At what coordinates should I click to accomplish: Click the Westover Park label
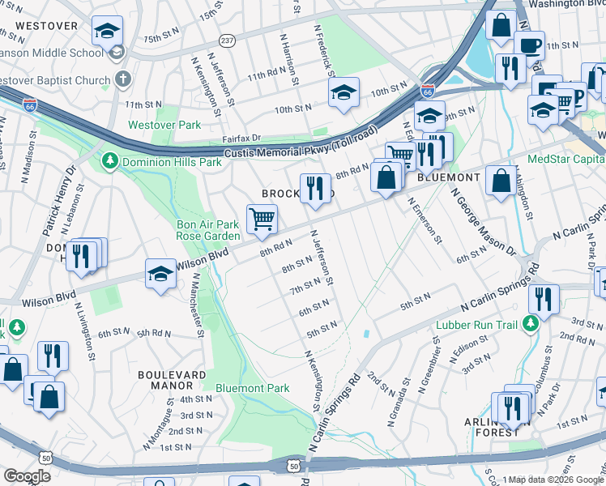pyautogui.click(x=164, y=126)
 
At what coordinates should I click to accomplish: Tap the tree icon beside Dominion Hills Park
pyautogui.click(x=109, y=162)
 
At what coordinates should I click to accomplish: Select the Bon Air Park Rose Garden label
pyautogui.click(x=209, y=230)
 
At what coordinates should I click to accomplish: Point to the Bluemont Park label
pyautogui.click(x=252, y=388)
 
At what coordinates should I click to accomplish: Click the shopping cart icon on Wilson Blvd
pyautogui.click(x=262, y=219)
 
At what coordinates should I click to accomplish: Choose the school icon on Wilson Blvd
pyautogui.click(x=161, y=275)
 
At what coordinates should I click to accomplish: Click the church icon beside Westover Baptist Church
pyautogui.click(x=123, y=80)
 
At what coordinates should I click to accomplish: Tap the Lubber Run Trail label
pyautogui.click(x=476, y=325)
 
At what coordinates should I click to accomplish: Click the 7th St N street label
pyautogui.click(x=307, y=287)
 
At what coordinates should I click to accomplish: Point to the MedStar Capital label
pyautogui.click(x=565, y=159)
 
